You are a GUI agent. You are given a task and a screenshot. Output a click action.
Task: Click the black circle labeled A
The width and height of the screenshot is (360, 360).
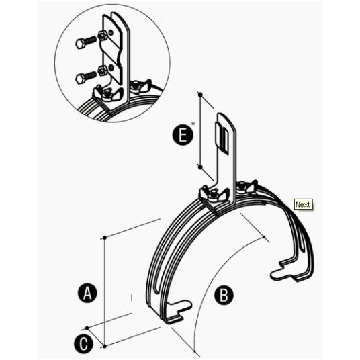pyautogui.click(x=87, y=294)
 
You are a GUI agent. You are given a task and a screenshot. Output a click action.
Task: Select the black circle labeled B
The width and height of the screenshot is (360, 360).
pyautogui.click(x=224, y=296)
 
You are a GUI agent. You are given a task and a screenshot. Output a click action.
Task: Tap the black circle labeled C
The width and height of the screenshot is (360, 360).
pyautogui.click(x=84, y=344)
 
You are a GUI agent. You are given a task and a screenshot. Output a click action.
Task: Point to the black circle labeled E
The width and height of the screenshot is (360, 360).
pyautogui.click(x=183, y=135)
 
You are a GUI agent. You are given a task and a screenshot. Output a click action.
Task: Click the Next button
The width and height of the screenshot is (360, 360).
pyautogui.click(x=303, y=204)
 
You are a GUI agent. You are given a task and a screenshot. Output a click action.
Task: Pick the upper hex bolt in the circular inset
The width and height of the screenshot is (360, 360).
pyautogui.click(x=86, y=42)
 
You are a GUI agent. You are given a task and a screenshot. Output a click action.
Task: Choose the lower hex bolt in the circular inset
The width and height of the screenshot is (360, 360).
pyautogui.click(x=86, y=77)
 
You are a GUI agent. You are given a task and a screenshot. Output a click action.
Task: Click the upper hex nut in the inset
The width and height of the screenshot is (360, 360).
pyautogui.click(x=102, y=36)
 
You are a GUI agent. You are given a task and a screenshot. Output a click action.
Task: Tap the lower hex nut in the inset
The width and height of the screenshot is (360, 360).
pyautogui.click(x=102, y=71)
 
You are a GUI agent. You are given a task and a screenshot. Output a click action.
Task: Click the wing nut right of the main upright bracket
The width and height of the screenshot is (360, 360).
pyautogui.click(x=246, y=186)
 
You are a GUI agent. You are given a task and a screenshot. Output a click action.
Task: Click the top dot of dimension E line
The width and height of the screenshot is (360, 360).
pyautogui.click(x=200, y=94)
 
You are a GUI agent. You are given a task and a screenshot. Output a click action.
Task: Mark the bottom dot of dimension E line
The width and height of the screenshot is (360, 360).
pyautogui.click(x=200, y=167)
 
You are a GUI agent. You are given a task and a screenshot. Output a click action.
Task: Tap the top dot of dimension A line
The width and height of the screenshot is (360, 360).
pyautogui.click(x=105, y=238)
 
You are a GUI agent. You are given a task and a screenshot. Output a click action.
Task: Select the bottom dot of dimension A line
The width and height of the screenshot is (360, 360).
pyautogui.click(x=105, y=346)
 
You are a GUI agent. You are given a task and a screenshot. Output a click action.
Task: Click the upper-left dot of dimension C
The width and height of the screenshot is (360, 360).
pyautogui.click(x=87, y=328)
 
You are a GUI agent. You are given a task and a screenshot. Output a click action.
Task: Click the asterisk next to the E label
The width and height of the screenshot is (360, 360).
pyautogui.click(x=193, y=124)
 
